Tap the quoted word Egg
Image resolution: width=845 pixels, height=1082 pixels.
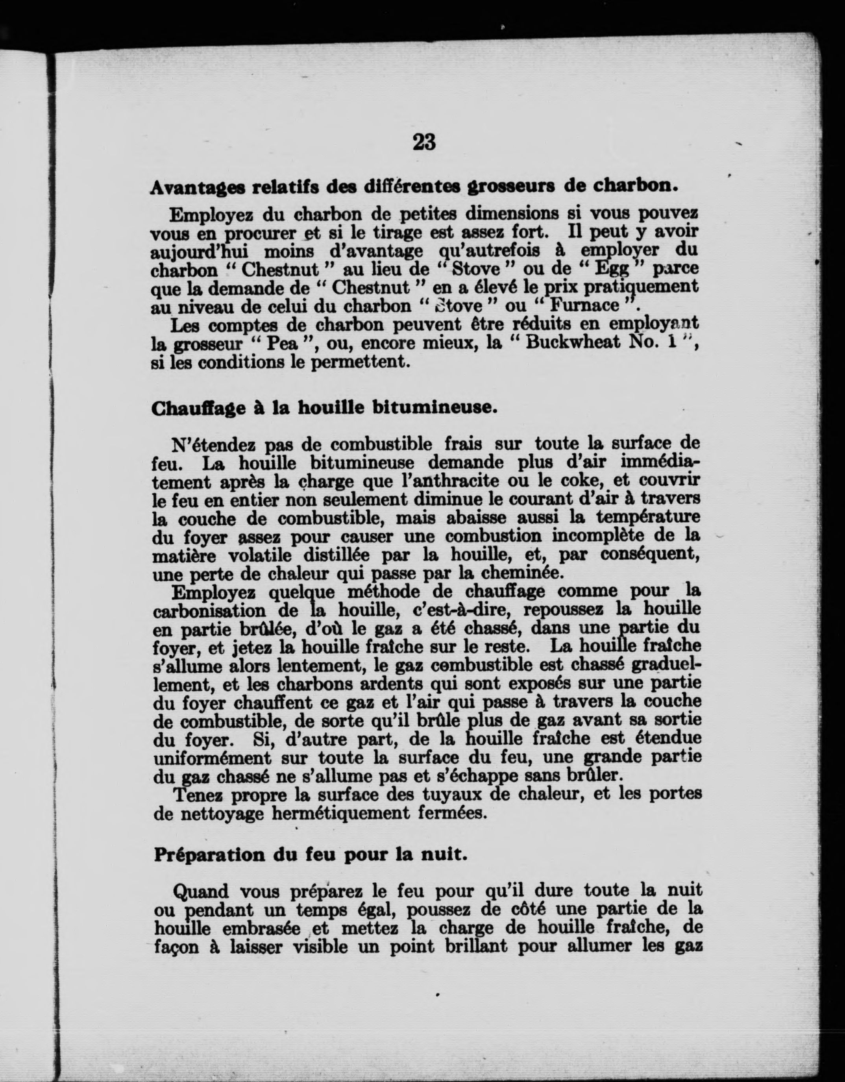[x=612, y=269]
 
